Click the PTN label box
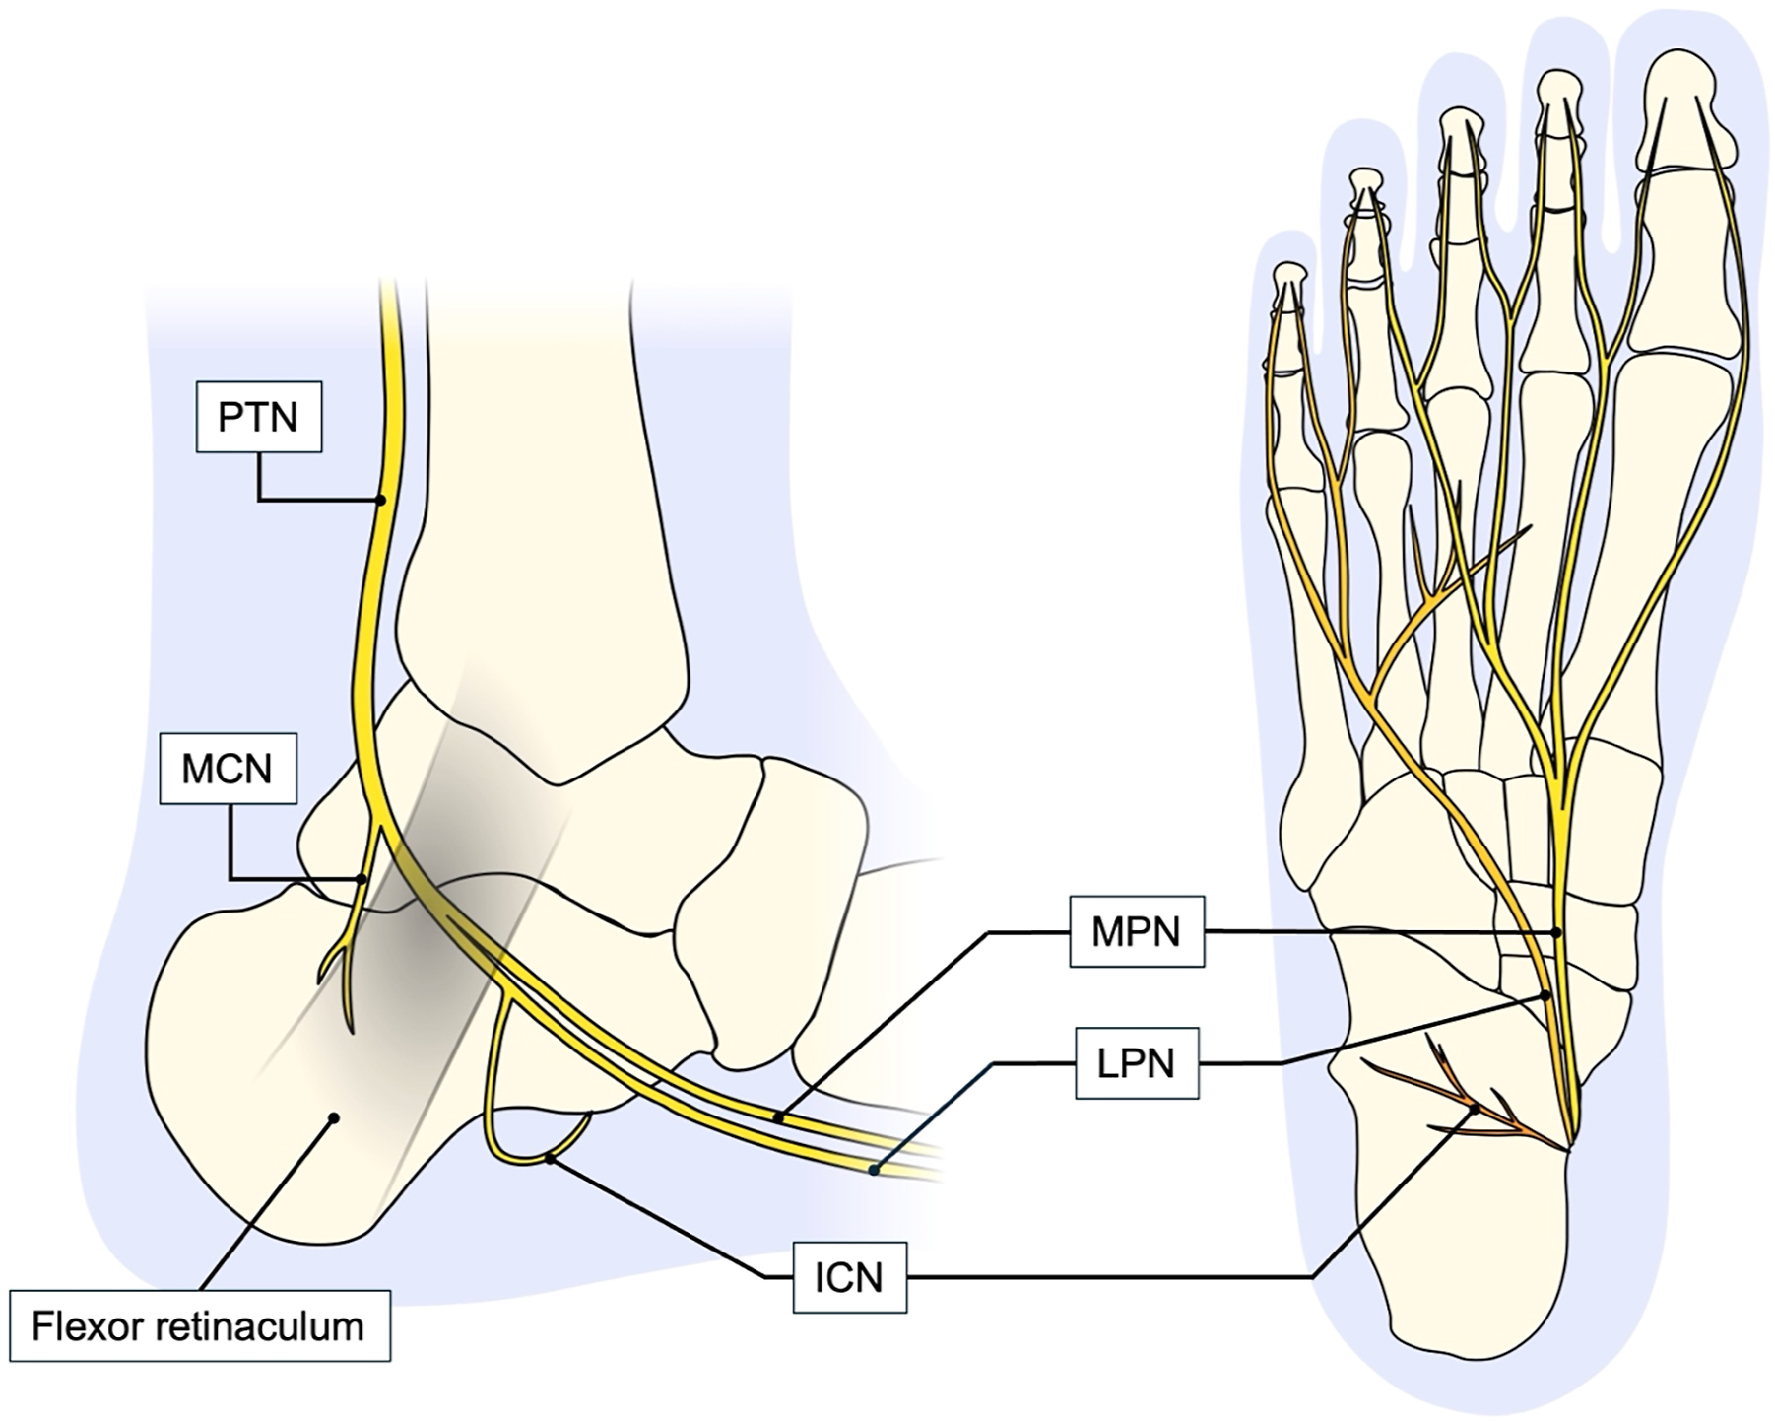[259, 417]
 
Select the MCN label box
[228, 769]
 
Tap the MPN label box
[1136, 931]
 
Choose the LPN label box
[1136, 1063]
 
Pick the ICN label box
[849, 1278]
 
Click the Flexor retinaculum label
[198, 1326]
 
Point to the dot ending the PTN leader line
[381, 500]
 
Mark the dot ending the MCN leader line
[362, 879]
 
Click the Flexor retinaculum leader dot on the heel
[334, 1117]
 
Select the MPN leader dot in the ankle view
[778, 1117]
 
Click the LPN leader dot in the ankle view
[873, 1170]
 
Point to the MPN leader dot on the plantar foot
[1556, 931]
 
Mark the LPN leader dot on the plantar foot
[1545, 995]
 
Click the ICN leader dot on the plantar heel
[1475, 1109]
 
